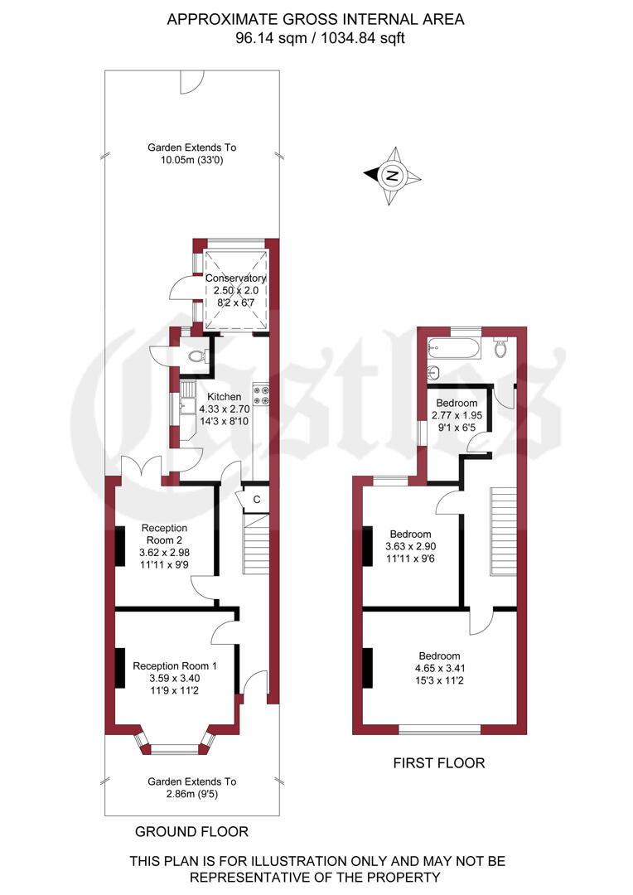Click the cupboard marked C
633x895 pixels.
pyautogui.click(x=256, y=499)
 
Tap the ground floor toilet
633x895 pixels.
pyautogui.click(x=196, y=356)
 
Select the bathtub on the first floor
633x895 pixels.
pyautogui.click(x=454, y=350)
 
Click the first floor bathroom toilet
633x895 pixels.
pyautogui.click(x=500, y=349)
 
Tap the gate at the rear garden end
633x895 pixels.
pyautogui.click(x=191, y=80)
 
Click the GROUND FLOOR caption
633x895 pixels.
pyautogui.click(x=191, y=831)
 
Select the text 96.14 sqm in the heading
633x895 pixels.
pyautogui.click(x=264, y=38)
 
